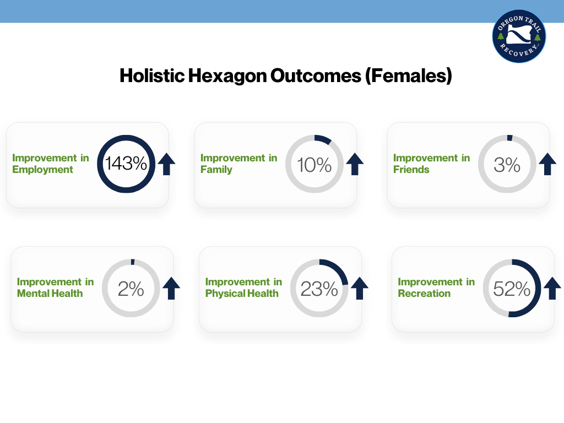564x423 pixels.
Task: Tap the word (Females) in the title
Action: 408,75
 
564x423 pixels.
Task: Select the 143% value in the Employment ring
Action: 126,164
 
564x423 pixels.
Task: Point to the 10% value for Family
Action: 314,165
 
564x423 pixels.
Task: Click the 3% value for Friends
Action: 507,165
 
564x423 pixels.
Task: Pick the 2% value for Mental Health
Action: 131,289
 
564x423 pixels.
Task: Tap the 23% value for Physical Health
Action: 319,289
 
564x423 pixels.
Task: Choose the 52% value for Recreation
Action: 512,289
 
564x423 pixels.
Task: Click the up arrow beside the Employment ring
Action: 166,164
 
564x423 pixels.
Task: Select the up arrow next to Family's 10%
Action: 355,164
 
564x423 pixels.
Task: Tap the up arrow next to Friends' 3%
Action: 547,164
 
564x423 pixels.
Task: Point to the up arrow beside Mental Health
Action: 171,288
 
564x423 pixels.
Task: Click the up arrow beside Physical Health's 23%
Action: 360,288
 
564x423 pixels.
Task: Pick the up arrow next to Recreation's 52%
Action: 552,288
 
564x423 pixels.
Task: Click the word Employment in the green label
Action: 42,170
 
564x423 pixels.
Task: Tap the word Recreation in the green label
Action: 424,294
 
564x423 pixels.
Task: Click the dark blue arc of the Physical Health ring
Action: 340,269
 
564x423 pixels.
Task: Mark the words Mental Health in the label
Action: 50,294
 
